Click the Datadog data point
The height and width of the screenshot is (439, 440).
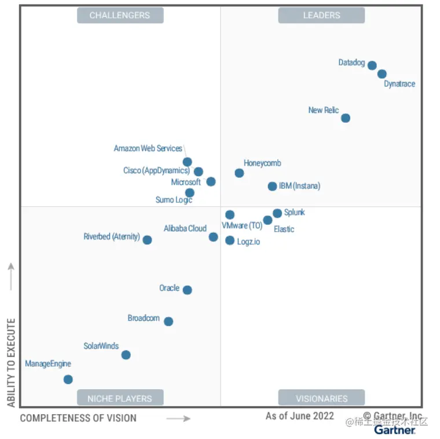[x=372, y=65]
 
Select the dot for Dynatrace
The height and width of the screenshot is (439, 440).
[x=382, y=74]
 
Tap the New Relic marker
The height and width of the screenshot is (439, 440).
[x=346, y=118]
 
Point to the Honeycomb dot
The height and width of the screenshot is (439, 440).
[x=239, y=173]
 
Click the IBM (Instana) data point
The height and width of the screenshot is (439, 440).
[x=272, y=186]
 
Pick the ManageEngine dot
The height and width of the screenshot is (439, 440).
[x=68, y=379]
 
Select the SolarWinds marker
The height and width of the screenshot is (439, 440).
[x=126, y=355]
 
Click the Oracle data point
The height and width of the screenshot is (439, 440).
[x=187, y=290]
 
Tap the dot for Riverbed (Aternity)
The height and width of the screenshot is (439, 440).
[x=147, y=240]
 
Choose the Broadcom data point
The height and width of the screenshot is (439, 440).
[x=168, y=321]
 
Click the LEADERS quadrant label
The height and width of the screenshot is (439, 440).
[x=321, y=16]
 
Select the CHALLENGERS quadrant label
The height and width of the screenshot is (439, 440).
[x=120, y=16]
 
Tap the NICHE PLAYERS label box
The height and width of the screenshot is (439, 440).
[x=120, y=398]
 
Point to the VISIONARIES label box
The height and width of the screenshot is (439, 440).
[x=321, y=398]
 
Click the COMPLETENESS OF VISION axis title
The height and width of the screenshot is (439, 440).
[x=78, y=418]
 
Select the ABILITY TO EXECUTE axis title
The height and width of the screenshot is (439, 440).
[x=12, y=362]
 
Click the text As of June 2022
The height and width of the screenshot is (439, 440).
[x=300, y=416]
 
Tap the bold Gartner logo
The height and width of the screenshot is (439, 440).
[x=394, y=430]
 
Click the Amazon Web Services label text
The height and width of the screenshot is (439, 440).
[x=148, y=149]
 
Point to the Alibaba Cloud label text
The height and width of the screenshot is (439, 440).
[x=185, y=229]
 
